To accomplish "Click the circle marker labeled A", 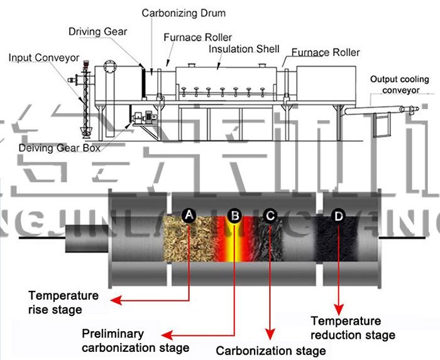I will click(190, 215).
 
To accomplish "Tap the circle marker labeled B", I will click(234, 215).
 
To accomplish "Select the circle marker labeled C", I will click(270, 215).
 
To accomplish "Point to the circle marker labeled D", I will click(338, 215).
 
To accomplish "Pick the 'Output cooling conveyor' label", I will click(399, 85).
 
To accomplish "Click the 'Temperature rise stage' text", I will click(63, 302).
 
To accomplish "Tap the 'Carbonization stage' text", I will click(271, 350).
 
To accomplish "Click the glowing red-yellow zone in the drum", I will click(234, 242).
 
